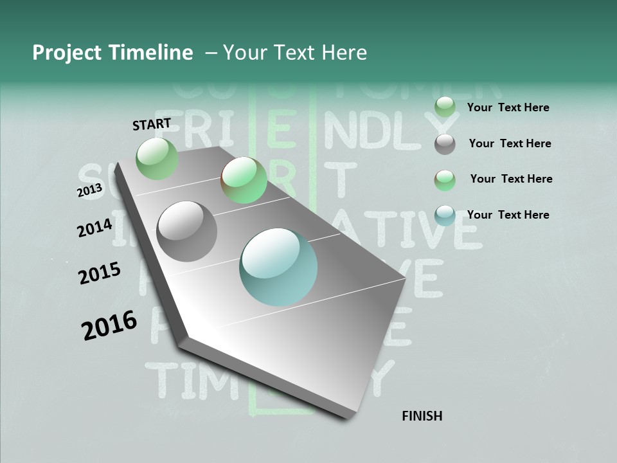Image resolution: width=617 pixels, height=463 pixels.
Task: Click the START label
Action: (152, 124)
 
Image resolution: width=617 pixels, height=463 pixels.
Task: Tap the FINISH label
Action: (422, 416)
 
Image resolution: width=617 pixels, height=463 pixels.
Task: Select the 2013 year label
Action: (89, 191)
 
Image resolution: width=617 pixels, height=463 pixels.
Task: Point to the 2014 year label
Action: (94, 228)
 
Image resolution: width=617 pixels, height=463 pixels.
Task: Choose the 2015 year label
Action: (100, 273)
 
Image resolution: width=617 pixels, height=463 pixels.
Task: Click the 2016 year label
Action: (109, 325)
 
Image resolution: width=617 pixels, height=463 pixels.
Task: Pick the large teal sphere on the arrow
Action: (278, 267)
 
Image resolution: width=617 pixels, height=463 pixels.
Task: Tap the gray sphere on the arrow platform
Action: (187, 231)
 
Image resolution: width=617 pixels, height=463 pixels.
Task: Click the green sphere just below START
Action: (157, 158)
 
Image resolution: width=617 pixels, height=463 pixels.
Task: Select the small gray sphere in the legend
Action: (445, 144)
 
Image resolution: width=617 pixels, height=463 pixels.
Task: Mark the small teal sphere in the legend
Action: (445, 215)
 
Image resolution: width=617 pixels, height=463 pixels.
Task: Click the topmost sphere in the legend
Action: (445, 107)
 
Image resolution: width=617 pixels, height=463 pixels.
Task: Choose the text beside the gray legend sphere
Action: (510, 143)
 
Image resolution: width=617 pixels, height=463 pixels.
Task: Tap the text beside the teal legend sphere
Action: (508, 215)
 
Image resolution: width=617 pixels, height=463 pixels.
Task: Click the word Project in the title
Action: (66, 53)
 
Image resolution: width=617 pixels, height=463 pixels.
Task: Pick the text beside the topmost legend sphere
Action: (508, 107)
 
